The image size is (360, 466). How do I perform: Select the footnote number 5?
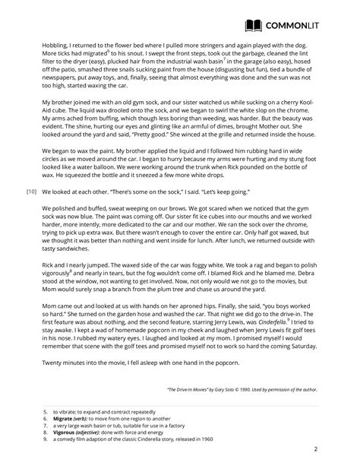[45, 411]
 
